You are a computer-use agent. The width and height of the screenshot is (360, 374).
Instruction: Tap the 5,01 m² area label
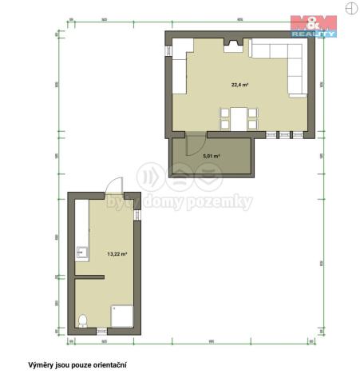click(x=212, y=156)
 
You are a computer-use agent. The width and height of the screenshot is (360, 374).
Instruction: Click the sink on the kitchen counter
click(x=81, y=253)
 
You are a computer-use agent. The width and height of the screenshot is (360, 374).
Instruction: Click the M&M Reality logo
click(x=313, y=26)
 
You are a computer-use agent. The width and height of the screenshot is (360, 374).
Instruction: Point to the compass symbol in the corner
click(x=350, y=7)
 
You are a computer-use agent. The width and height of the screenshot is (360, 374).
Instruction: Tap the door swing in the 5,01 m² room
click(x=190, y=145)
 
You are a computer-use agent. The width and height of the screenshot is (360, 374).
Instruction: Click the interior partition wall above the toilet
click(x=89, y=277)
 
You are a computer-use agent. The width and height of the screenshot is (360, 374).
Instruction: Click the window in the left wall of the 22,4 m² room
click(x=169, y=50)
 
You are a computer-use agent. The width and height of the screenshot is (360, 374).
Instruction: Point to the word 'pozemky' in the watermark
click(x=221, y=203)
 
